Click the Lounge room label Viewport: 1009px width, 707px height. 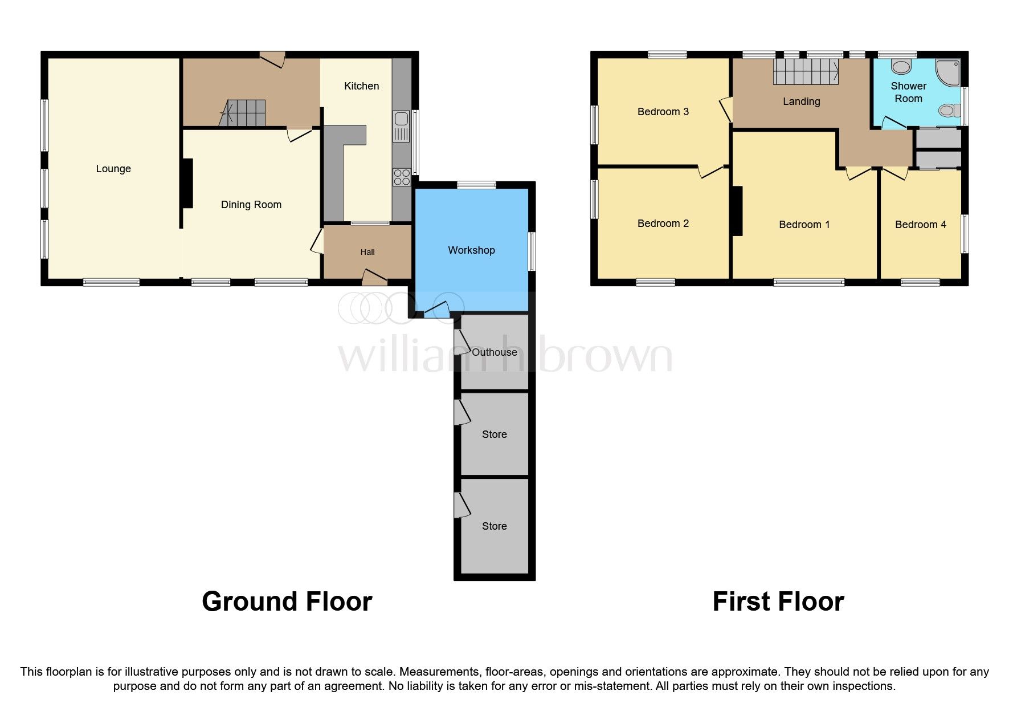pos(113,169)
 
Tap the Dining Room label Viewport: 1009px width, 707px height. pos(251,205)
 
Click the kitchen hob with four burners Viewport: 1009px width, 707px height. pos(401,177)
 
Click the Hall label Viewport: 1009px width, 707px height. pos(367,252)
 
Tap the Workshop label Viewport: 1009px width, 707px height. pos(471,250)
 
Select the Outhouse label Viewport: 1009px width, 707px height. pos(494,352)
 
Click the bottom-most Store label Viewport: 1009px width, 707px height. pos(494,526)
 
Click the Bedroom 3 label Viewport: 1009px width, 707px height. pos(663,112)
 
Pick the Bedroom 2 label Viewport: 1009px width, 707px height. pos(663,224)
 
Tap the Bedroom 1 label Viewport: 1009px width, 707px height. pos(804,225)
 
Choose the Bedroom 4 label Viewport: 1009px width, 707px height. pos(920,225)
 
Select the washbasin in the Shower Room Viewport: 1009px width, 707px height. pos(901,67)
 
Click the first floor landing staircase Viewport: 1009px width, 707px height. pos(806,71)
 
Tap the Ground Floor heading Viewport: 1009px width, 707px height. pos(287,602)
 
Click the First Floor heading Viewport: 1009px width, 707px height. pos(778,602)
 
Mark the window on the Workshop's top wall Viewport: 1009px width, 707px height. pos(476,185)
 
